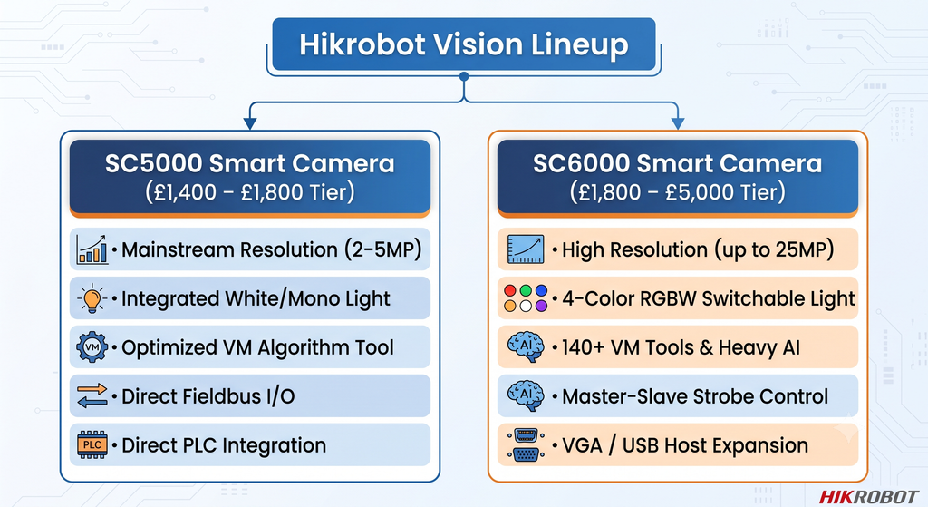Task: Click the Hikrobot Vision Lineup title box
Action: click(x=463, y=44)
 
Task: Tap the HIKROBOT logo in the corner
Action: click(x=868, y=496)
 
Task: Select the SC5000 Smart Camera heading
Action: click(x=250, y=163)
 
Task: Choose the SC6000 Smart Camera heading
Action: click(x=677, y=163)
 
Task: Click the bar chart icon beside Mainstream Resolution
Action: click(x=92, y=249)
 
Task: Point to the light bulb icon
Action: click(x=92, y=297)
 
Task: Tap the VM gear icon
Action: click(x=92, y=347)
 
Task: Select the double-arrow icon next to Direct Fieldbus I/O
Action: click(x=92, y=395)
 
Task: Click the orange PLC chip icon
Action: click(x=92, y=444)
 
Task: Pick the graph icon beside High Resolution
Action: click(x=525, y=249)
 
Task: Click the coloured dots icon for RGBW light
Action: click(x=525, y=297)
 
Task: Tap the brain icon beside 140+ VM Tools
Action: click(x=525, y=346)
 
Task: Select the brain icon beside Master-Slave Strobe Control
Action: click(x=525, y=395)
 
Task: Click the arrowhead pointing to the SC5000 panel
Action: click(x=250, y=122)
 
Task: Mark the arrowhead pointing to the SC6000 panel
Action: click(x=678, y=122)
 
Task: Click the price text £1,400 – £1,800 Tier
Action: click(x=250, y=192)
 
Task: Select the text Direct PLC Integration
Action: click(x=224, y=445)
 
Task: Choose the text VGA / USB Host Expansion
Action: click(x=685, y=445)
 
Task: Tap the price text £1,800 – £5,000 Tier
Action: click(x=677, y=192)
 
